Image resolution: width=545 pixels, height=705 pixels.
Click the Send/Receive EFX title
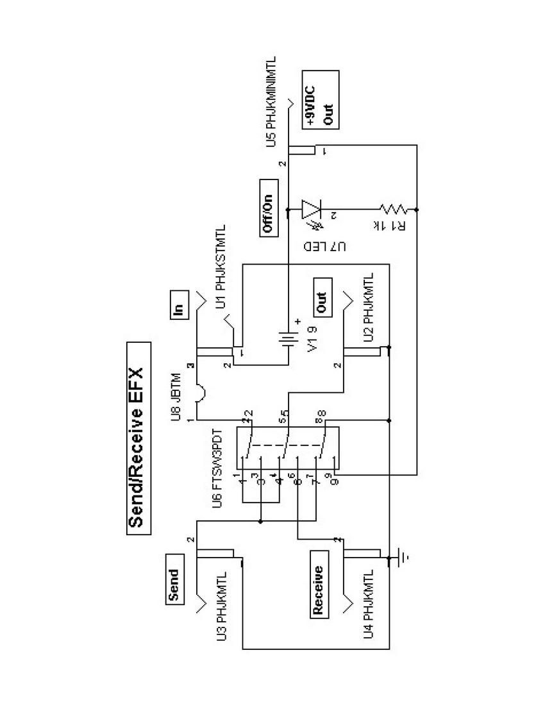[138, 436]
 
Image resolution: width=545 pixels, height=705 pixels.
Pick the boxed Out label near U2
[321, 299]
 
